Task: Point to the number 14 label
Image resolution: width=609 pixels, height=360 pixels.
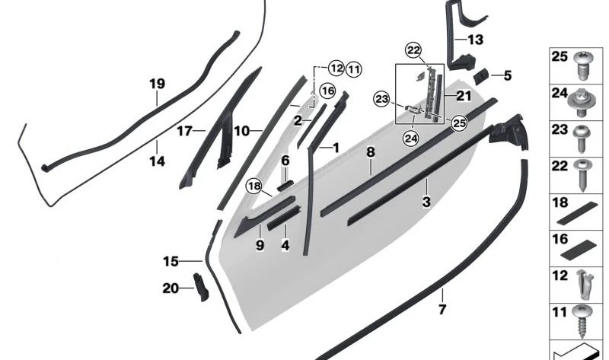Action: click(157, 161)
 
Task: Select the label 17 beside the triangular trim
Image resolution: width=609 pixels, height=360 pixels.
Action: click(185, 131)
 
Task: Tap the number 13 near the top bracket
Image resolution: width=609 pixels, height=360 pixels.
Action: click(475, 40)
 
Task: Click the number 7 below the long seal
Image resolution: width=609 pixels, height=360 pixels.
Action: click(442, 310)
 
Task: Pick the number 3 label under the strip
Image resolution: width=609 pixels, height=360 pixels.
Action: click(426, 202)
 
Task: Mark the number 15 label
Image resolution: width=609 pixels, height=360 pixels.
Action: click(171, 262)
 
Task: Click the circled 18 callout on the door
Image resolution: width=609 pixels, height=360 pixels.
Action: click(253, 186)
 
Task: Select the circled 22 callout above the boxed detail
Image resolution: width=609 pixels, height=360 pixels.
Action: click(413, 50)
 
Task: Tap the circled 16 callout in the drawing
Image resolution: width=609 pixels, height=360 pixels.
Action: click(327, 91)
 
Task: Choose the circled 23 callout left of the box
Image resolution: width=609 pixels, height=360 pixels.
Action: click(381, 98)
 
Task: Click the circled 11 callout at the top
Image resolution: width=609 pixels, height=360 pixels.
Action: click(353, 69)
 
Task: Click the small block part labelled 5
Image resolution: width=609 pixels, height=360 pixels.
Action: click(483, 75)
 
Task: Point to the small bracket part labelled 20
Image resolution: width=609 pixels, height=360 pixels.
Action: click(201, 287)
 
